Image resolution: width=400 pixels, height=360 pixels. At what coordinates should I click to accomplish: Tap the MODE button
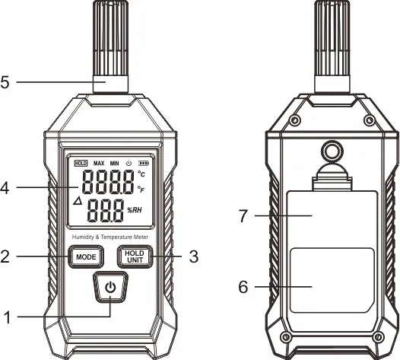85,256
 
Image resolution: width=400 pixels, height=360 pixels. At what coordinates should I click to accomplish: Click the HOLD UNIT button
135,256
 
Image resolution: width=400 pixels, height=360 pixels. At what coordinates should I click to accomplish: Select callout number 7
243,216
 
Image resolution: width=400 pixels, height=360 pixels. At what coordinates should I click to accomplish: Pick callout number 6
243,287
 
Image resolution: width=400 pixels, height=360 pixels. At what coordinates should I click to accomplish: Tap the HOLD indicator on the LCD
81,163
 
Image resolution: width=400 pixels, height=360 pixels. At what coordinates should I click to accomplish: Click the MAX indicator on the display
99,163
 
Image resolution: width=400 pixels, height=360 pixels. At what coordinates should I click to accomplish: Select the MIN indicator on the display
114,163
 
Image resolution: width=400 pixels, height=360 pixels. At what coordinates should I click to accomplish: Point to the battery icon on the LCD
143,163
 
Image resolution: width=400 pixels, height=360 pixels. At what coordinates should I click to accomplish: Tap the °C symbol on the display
141,175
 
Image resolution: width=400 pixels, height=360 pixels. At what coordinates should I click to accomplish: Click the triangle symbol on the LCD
77,202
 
